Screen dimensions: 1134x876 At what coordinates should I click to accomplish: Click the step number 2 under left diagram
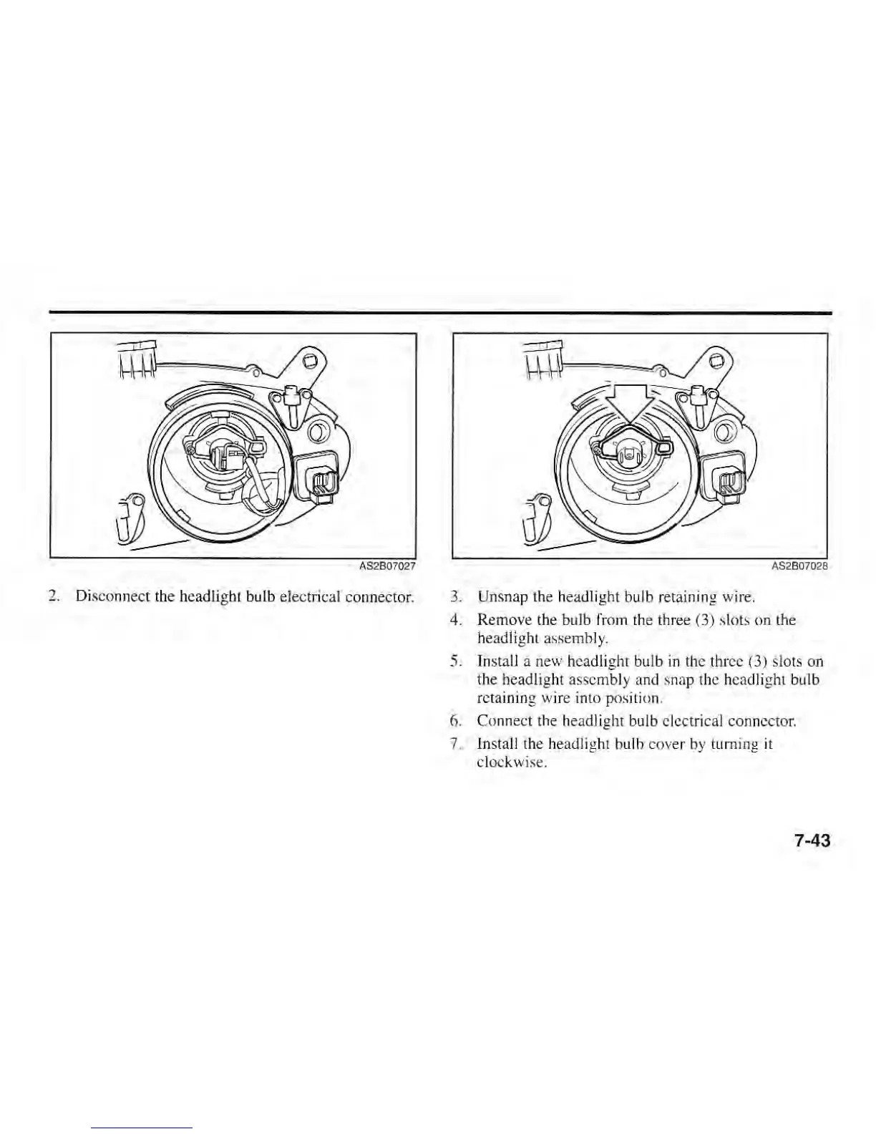[52, 596]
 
